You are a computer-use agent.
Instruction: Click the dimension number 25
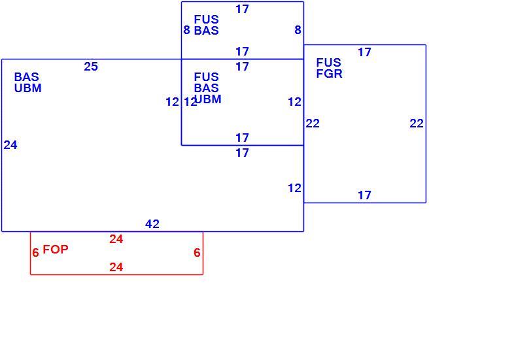coord(91,67)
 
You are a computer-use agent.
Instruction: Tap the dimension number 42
coord(152,224)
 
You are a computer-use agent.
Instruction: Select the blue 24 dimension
coord(10,145)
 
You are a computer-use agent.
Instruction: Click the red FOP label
coord(56,250)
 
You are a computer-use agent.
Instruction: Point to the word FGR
coord(330,73)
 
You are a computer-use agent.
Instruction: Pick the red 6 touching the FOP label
coord(35,252)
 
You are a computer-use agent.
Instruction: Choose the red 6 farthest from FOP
coord(197,252)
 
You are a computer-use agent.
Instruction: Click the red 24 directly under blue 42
coord(116,239)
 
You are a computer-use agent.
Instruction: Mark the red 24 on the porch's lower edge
coord(116,267)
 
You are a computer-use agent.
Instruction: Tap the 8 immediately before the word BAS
coord(186,30)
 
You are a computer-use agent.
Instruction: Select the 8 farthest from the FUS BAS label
coord(298,30)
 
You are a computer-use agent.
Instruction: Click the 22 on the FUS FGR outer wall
coord(417,123)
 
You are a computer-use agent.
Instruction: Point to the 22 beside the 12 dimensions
coord(313,123)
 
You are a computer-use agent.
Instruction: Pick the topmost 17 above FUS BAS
coord(242,9)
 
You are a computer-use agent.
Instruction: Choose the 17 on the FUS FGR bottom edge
coord(364,195)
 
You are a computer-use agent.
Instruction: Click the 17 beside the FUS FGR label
coord(364,52)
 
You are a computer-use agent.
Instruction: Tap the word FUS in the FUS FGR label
coord(329,62)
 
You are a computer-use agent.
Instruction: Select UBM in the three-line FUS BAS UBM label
coord(209,99)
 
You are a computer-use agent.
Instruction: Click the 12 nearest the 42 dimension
coord(294,188)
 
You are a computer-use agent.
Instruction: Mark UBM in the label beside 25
coord(28,88)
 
